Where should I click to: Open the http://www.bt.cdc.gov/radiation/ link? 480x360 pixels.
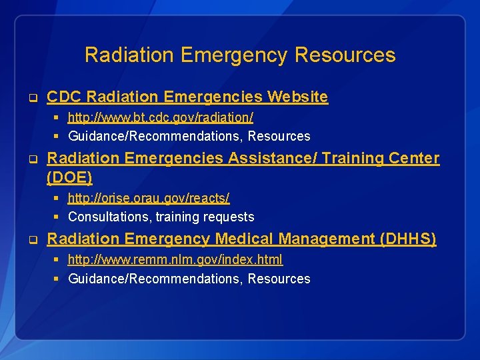click(160, 117)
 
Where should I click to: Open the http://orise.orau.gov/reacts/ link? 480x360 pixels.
click(149, 198)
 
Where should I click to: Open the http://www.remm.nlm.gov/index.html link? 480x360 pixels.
click(175, 259)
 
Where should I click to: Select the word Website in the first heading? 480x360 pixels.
click(298, 97)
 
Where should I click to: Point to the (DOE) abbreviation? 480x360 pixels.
click(69, 177)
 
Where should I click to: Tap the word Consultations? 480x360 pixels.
click(109, 217)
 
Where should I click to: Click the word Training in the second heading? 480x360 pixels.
click(361, 158)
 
